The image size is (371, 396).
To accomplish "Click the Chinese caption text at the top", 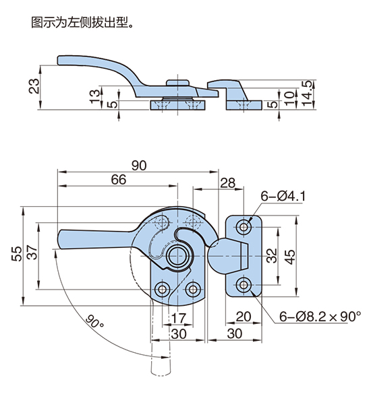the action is click(82, 22).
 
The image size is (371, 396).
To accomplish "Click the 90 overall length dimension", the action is click(139, 166).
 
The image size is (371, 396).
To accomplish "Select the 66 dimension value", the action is click(118, 180).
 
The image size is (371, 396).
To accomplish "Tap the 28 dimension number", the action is click(227, 183).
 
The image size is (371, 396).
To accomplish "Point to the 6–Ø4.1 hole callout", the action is click(283, 196).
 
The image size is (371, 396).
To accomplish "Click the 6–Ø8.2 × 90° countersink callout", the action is click(320, 317).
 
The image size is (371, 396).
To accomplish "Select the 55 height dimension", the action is click(17, 253).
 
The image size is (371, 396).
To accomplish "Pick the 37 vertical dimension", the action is click(32, 252).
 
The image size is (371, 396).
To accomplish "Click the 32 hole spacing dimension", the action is click(272, 256).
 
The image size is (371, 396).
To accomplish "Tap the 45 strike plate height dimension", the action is click(290, 257).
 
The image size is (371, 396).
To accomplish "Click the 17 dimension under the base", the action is click(179, 318).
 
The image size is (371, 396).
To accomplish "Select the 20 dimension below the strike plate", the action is click(243, 317).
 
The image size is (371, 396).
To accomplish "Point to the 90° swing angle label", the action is click(94, 321).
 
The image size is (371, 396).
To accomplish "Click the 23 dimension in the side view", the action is click(34, 86).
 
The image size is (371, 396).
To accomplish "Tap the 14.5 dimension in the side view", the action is click(307, 94).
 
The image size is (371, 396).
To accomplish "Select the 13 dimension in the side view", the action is click(95, 96).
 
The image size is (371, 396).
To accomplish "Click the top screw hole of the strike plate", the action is click(244, 227).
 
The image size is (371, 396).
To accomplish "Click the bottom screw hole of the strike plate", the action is click(244, 285).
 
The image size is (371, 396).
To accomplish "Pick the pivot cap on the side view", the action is click(177, 83).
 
